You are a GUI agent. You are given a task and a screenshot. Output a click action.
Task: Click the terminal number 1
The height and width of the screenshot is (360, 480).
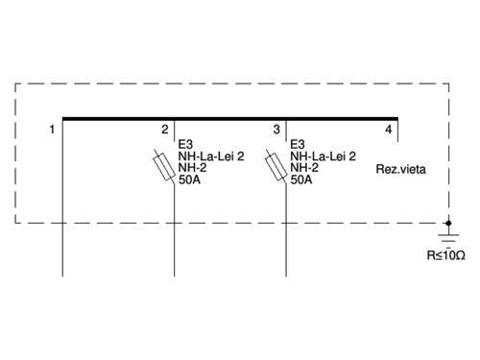pos(51,129)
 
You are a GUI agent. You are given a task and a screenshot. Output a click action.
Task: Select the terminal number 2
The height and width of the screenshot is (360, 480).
pos(165,129)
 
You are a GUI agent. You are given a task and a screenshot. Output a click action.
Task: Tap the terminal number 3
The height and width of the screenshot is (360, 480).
pos(276,129)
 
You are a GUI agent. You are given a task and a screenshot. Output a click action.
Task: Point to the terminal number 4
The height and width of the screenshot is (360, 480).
pos(388,129)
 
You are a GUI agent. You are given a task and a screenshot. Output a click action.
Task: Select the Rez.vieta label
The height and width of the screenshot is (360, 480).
pos(400,168)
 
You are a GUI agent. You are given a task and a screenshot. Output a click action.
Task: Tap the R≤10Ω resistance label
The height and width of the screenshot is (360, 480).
pos(446,256)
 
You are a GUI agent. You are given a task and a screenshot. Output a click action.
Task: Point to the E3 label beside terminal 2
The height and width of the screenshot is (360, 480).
pos(185,144)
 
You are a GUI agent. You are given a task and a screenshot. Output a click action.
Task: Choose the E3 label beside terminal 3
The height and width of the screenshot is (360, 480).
pos(298,144)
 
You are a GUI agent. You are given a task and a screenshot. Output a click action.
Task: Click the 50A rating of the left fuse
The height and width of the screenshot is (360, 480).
pos(190,179)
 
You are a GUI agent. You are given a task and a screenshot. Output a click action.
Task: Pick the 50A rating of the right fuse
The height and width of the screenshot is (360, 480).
pos(301,179)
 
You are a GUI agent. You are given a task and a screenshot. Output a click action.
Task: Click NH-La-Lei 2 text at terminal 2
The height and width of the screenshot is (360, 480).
pos(211,156)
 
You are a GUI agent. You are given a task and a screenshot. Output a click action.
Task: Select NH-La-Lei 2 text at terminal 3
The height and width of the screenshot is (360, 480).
pos(323,156)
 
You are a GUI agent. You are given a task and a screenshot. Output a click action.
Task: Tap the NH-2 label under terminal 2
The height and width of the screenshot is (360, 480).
pos(193,167)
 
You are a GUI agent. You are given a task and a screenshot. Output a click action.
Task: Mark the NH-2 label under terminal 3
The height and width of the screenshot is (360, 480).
pos(304,167)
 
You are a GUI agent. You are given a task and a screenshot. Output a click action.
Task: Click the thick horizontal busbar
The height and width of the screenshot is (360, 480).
pos(230,119)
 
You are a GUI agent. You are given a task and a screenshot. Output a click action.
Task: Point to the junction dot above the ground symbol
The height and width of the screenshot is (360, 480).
pos(448,223)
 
